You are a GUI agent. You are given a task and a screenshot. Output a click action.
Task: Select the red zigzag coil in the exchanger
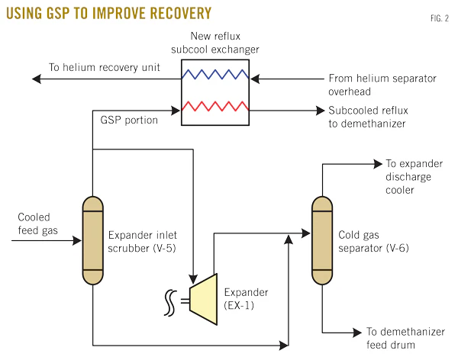[x=214, y=110]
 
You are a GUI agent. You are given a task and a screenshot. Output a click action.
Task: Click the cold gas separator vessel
[x=322, y=239]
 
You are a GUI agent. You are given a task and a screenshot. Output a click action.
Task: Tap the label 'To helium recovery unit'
[x=104, y=67]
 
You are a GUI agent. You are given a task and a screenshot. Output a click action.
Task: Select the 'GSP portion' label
[x=129, y=121]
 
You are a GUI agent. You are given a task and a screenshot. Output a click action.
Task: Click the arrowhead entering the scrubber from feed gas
[x=77, y=240]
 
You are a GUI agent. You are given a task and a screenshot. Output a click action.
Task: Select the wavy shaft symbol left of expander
[x=169, y=301]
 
